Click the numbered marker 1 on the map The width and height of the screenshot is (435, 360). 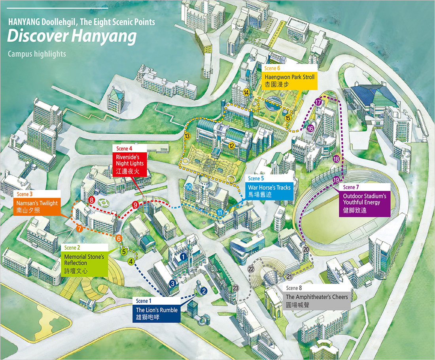tap(183, 256)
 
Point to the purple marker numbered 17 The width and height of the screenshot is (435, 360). tap(319, 102)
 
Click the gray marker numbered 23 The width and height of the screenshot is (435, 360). tap(236, 288)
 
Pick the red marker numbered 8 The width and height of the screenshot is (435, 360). tap(92, 200)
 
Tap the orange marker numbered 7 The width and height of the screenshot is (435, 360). tap(79, 228)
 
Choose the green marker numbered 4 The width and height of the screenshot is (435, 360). tap(131, 261)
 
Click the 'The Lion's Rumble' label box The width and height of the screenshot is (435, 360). tap(157, 313)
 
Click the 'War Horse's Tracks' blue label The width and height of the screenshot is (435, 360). tap(269, 190)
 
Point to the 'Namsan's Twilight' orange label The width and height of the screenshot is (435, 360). tap(37, 207)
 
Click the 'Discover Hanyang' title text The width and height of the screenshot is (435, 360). tap(72, 36)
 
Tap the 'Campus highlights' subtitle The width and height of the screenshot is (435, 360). tap(37, 54)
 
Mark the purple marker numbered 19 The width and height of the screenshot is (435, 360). tap(336, 180)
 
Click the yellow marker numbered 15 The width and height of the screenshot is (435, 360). tap(288, 117)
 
